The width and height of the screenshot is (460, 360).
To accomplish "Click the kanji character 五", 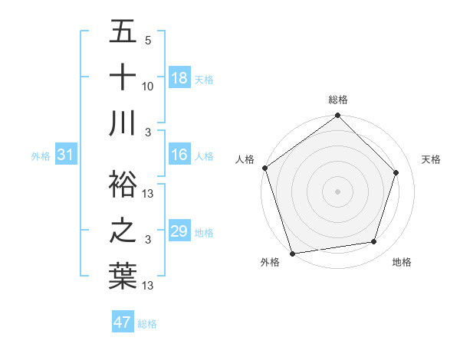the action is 123,32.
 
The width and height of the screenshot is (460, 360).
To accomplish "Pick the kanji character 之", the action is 123,230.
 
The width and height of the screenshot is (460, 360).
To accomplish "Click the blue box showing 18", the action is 179,78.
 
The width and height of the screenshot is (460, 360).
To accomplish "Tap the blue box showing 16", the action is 179,155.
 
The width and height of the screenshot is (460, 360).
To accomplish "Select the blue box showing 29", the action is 179,231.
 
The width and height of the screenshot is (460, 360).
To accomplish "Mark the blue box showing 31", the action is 66,155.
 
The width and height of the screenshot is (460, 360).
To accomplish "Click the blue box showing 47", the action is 123,322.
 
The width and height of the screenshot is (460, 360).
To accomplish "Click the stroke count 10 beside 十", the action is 148,87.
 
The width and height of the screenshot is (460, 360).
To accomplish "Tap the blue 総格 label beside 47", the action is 147,324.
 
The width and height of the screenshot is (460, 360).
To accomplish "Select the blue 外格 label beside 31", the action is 41,156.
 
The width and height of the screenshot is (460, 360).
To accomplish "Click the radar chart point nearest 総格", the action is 337,116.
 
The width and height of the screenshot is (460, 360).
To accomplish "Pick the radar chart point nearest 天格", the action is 396,172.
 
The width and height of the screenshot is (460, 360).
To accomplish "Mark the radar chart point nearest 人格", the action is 265,168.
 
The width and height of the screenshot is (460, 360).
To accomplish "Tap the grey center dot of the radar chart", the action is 337,191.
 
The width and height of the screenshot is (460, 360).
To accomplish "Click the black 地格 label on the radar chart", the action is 402,263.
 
